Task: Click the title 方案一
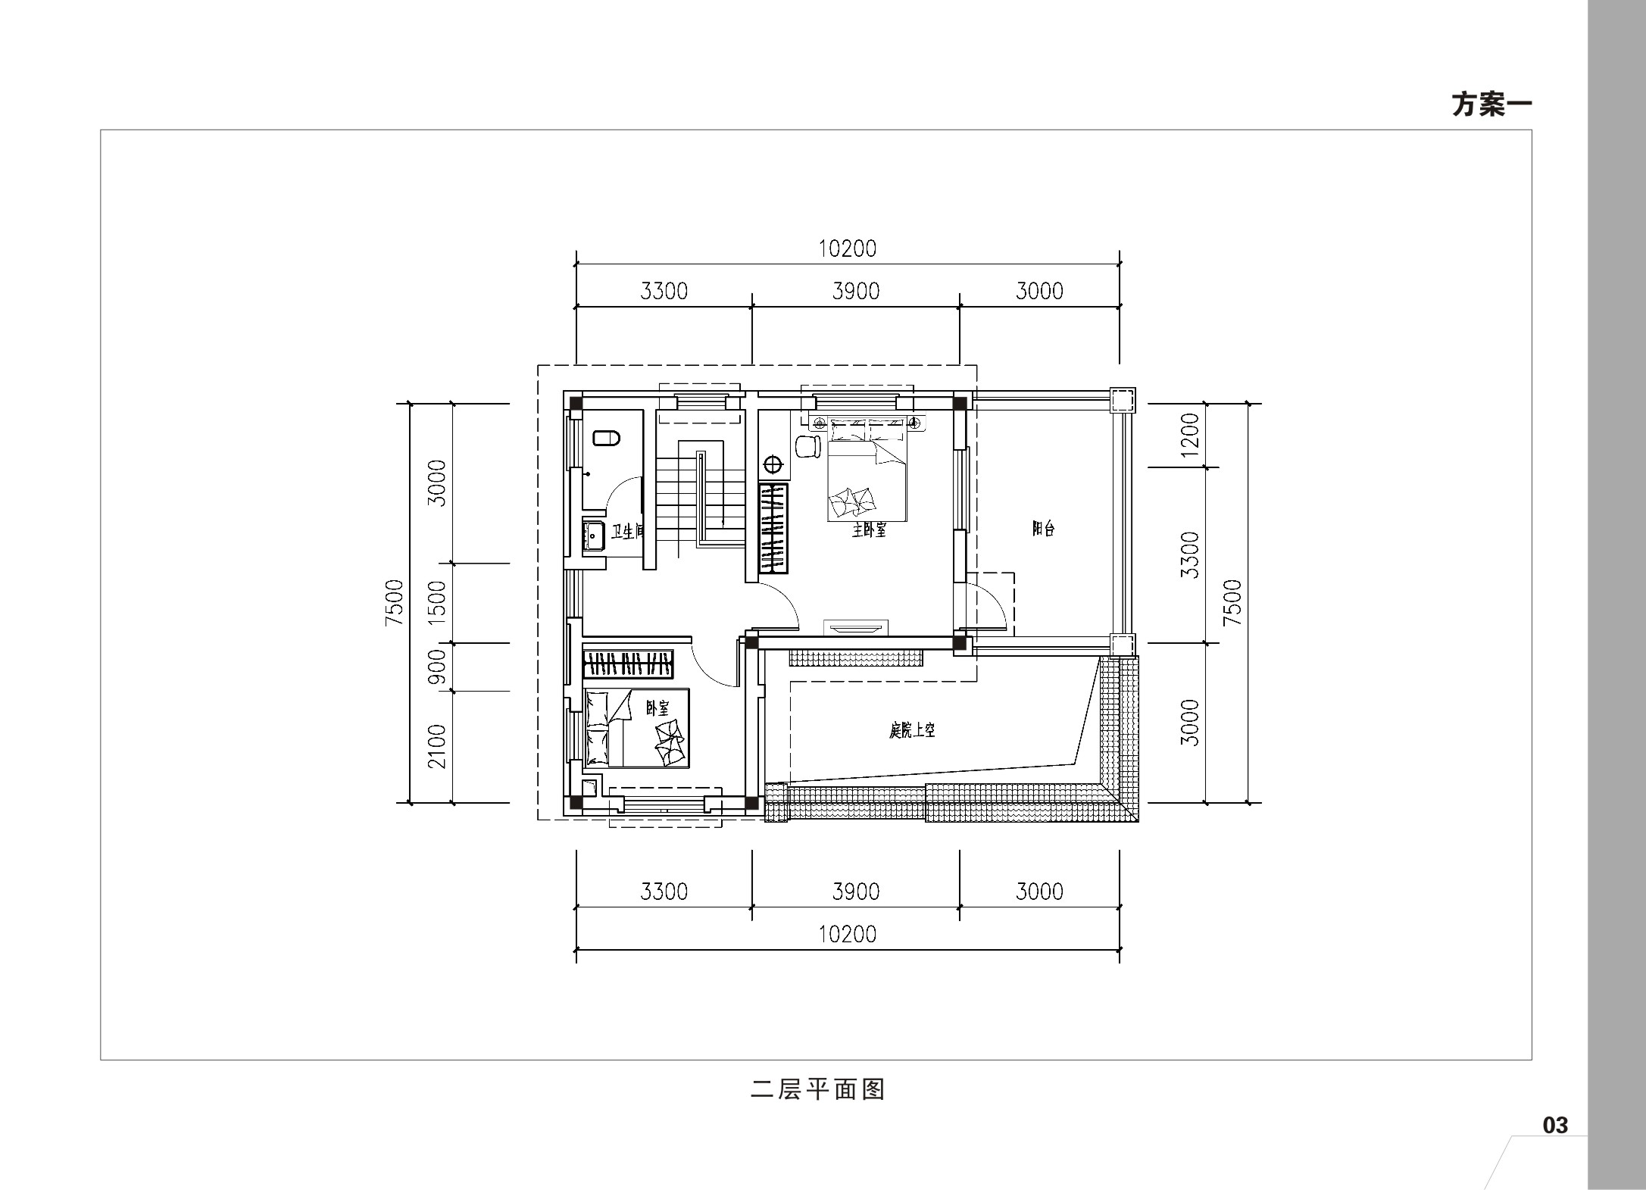(x=1491, y=105)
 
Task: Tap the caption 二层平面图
(x=818, y=1090)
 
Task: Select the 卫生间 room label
(x=627, y=532)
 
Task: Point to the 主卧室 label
(x=869, y=530)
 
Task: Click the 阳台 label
(x=1043, y=529)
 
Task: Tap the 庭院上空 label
(x=912, y=730)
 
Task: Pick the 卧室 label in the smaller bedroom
(x=657, y=708)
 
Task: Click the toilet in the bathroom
(x=606, y=438)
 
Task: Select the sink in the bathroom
(x=593, y=536)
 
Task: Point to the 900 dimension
(x=438, y=667)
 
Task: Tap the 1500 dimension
(x=438, y=603)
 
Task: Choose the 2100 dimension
(x=438, y=746)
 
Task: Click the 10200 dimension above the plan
(x=848, y=248)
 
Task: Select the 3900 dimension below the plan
(x=856, y=892)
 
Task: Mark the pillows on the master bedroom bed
(x=852, y=501)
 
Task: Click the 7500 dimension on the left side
(x=395, y=602)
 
